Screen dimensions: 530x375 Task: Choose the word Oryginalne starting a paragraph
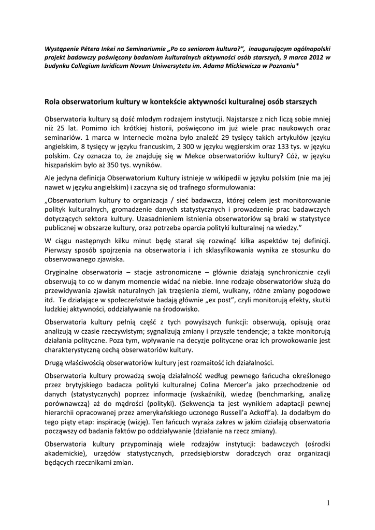[63, 272]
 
